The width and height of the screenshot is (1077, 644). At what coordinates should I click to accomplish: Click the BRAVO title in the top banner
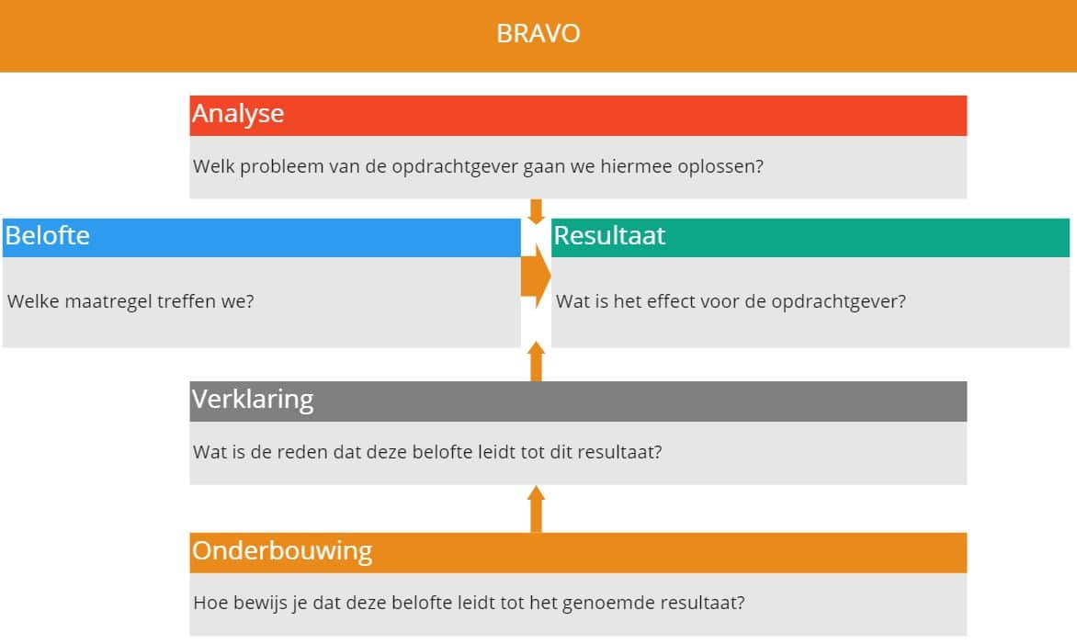[538, 34]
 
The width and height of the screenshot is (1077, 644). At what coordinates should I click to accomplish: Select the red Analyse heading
[238, 114]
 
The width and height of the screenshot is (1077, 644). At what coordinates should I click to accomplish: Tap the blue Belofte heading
[48, 235]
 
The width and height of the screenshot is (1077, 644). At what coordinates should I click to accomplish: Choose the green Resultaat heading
[609, 235]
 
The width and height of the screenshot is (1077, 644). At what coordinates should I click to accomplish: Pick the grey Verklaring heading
[253, 400]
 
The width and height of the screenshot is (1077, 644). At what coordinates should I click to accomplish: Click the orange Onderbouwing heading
[282, 550]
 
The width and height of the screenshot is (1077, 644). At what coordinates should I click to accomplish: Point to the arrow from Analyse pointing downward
[537, 211]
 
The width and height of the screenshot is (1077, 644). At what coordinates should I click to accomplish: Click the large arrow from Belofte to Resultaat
[536, 277]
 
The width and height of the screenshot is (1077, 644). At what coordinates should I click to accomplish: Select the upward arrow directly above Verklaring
[537, 361]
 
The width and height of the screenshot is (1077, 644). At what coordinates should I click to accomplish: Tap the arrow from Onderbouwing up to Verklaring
[537, 509]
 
